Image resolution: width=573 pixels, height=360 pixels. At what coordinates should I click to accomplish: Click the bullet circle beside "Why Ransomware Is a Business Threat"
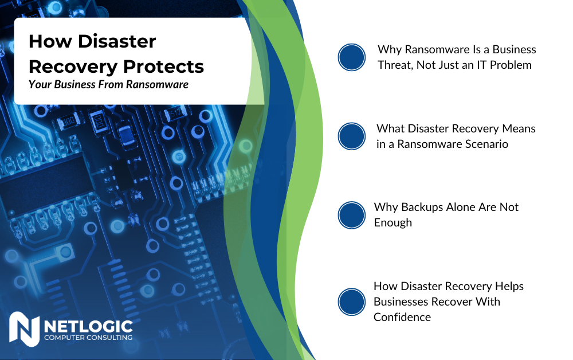coord(351,57)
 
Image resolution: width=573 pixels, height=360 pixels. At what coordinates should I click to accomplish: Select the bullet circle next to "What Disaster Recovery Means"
coord(351,136)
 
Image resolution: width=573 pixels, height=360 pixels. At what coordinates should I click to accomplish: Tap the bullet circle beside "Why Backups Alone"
coord(351,215)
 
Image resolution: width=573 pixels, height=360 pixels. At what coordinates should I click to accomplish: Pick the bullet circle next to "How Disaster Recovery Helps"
coord(351,302)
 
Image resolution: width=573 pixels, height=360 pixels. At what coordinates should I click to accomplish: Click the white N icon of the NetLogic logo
coord(24,330)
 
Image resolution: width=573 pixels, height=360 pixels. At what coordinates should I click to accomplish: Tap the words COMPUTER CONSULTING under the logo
coord(88,338)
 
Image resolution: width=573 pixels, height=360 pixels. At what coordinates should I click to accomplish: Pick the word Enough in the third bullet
coord(393,222)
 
